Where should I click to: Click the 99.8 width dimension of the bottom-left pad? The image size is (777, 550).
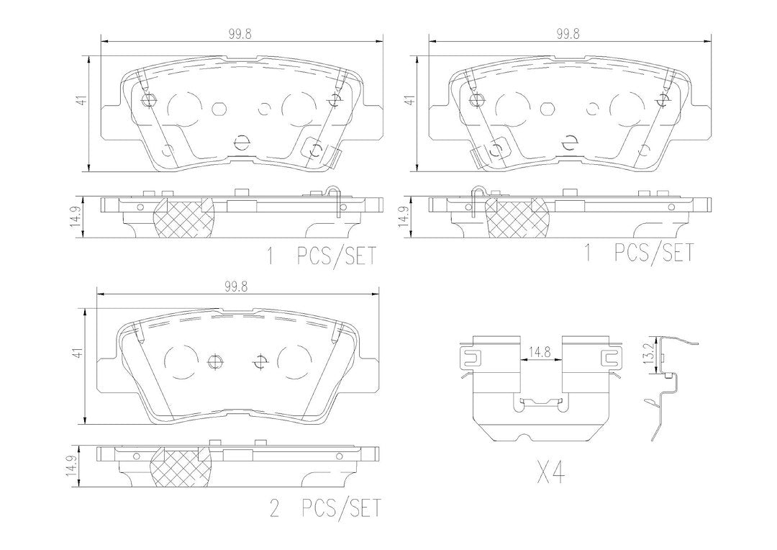(235, 287)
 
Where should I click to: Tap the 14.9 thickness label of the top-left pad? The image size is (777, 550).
(76, 217)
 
